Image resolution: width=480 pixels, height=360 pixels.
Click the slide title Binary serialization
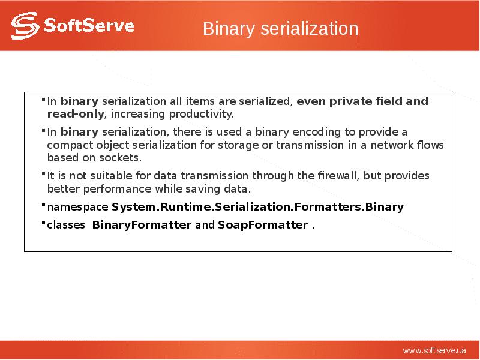click(x=280, y=28)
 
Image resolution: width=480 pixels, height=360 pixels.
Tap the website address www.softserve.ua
click(x=434, y=350)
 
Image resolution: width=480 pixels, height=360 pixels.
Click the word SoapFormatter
click(x=263, y=225)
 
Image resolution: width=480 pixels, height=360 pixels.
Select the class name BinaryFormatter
click(x=142, y=225)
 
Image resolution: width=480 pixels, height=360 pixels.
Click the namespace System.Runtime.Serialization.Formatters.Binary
click(x=258, y=207)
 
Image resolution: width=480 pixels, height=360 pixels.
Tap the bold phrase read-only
click(x=75, y=114)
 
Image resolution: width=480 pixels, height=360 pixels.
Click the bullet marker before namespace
click(x=44, y=205)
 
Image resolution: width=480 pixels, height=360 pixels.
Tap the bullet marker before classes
click(x=44, y=223)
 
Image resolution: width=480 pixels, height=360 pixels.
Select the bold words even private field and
click(x=362, y=101)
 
